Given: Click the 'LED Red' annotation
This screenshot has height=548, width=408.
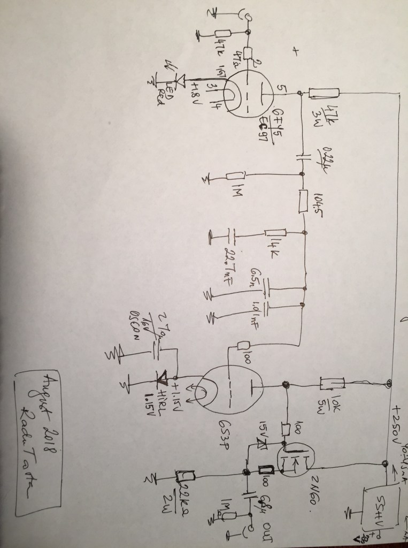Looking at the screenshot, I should pos(161,91).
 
